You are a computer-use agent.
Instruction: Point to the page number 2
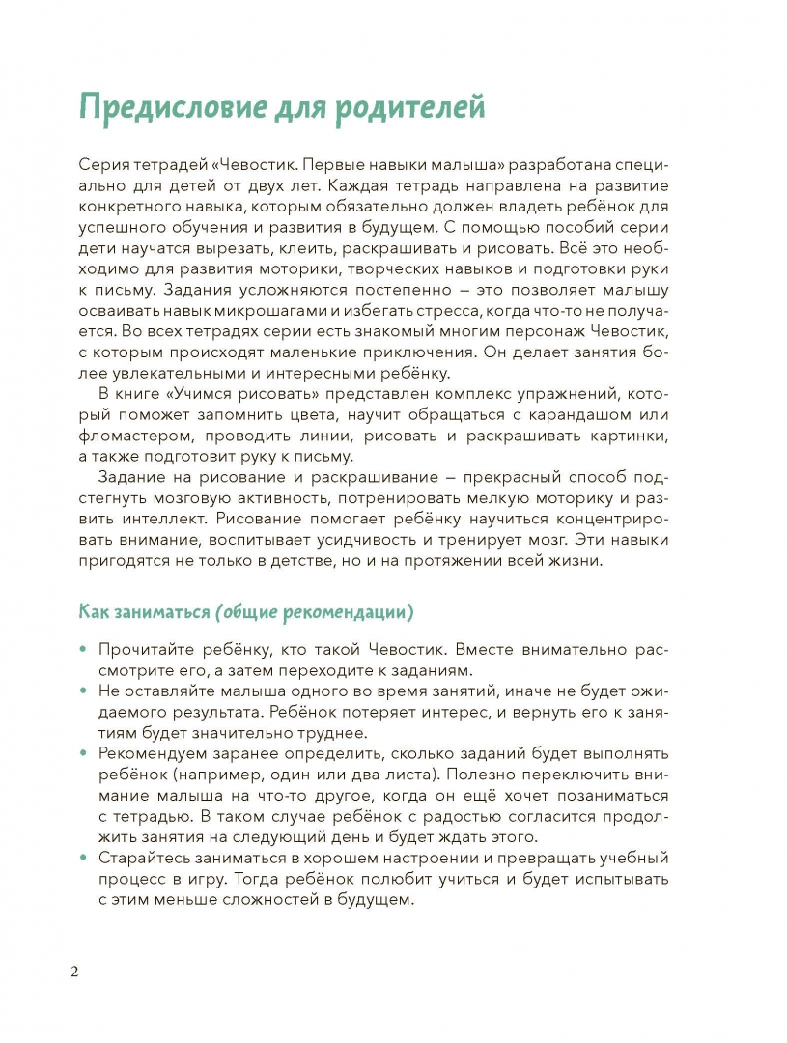[x=74, y=971]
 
